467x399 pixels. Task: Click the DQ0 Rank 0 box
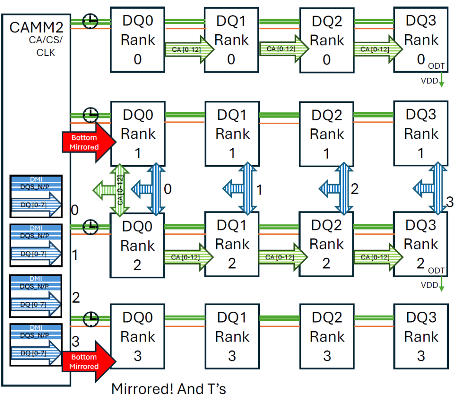pos(138,39)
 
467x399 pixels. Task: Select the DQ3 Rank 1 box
pos(421,133)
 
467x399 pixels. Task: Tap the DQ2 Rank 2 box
pos(326,244)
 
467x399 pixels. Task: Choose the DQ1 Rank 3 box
pos(232,337)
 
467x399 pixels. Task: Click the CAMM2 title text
pos(36,28)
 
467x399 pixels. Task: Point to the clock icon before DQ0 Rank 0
pos(90,21)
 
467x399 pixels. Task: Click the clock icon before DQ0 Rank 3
pos(90,319)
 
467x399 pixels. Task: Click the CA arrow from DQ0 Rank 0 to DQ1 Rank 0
pos(189,49)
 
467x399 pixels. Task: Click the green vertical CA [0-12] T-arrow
pos(119,189)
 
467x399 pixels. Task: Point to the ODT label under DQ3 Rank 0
pos(437,66)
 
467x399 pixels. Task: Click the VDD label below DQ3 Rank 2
pos(429,285)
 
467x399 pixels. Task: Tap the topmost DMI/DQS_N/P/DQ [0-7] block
pos(36,196)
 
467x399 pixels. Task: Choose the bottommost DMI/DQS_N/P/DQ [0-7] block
pos(36,345)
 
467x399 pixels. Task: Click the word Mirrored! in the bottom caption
pos(143,389)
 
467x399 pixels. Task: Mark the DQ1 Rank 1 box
pos(232,133)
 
